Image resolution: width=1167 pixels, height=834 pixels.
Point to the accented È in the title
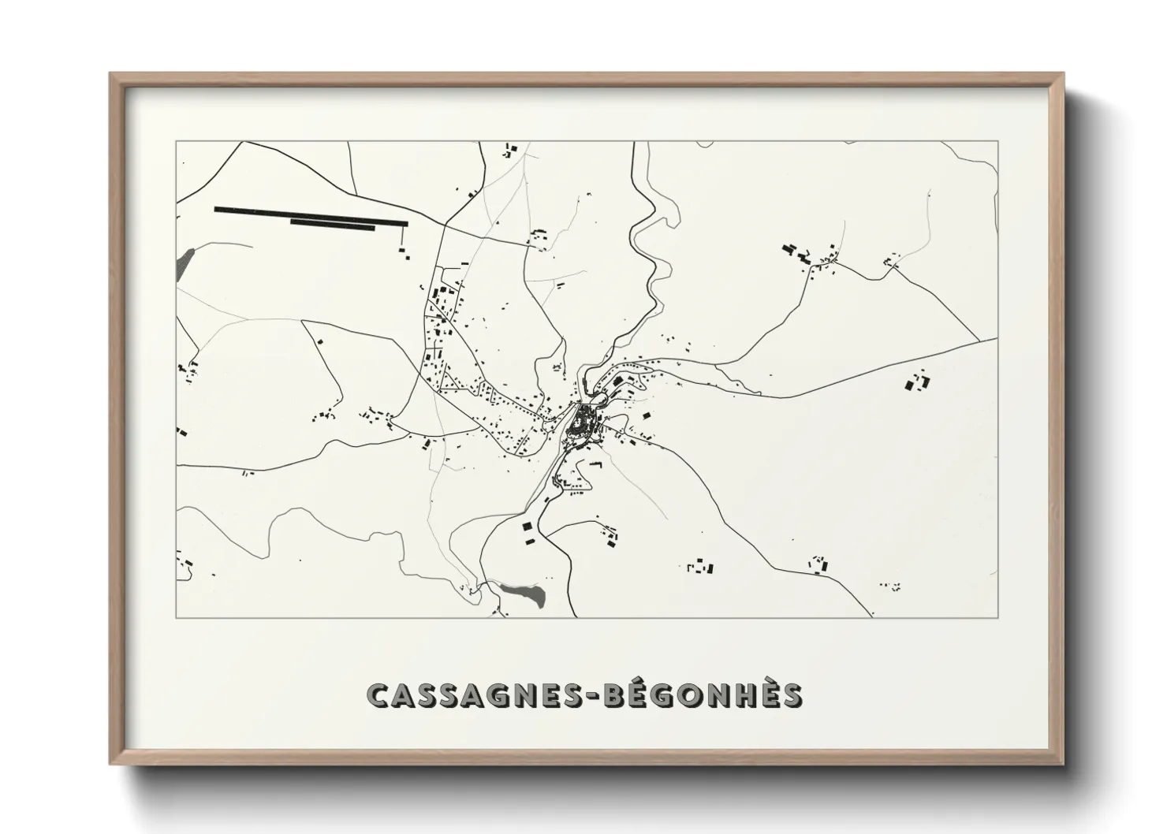pos(763,694)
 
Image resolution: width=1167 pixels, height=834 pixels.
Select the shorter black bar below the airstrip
pos(332,225)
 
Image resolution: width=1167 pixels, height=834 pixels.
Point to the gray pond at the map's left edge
pos(185,257)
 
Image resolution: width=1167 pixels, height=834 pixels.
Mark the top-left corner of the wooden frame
pos(110,74)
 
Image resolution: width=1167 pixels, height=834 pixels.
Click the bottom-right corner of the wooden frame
pos(1064,764)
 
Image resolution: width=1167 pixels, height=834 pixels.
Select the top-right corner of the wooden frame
pos(1064,74)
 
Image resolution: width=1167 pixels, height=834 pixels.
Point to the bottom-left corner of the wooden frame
pos(110,764)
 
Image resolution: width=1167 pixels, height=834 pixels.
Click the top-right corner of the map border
pos(998,141)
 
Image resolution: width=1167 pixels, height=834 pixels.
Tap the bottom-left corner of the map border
pos(176,617)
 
